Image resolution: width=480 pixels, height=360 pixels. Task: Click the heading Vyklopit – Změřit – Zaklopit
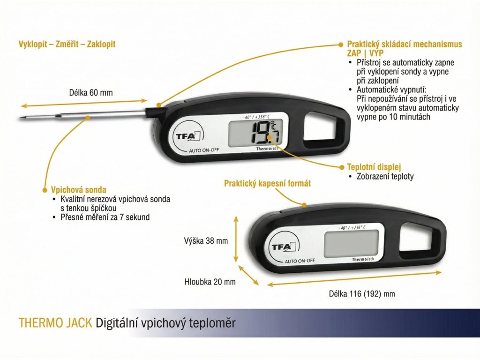tap(67, 44)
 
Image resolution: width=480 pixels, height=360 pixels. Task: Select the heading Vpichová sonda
tap(78, 190)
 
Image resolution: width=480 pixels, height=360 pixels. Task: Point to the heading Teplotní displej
tap(374, 167)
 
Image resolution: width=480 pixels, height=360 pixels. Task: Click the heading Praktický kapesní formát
tap(267, 183)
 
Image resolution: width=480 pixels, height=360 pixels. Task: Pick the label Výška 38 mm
tap(206, 241)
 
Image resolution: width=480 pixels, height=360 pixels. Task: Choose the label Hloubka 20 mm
tap(210, 282)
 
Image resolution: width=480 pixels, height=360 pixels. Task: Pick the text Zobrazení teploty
tap(385, 177)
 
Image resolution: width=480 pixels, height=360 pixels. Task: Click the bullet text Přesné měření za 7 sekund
tap(105, 217)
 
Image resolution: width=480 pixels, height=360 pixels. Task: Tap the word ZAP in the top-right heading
tap(354, 53)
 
